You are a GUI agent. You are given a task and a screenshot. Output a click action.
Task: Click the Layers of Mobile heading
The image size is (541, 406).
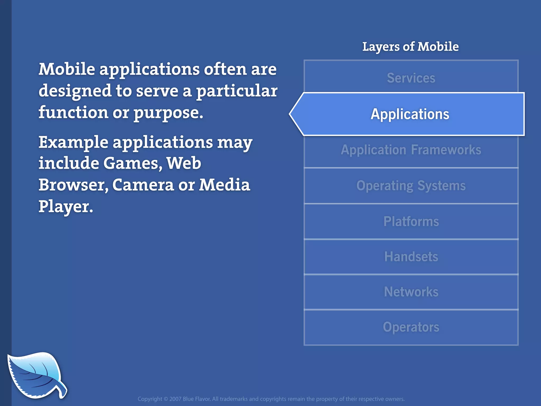(410, 47)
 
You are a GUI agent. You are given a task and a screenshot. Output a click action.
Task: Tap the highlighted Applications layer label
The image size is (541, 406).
(410, 114)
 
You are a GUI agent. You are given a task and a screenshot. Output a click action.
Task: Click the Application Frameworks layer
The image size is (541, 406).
(411, 150)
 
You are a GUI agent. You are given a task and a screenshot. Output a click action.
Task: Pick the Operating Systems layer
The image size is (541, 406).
(411, 186)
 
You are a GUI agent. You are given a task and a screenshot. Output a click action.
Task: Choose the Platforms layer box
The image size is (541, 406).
(411, 222)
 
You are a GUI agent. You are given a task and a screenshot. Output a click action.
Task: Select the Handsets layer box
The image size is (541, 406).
(411, 257)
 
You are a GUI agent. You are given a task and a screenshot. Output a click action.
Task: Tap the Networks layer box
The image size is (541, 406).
(411, 292)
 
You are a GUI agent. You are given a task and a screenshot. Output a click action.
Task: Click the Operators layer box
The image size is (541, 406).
(411, 327)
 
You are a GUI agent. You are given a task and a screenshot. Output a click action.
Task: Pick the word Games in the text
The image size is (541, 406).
(132, 163)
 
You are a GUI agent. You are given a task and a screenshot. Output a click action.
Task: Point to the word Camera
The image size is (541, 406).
(143, 185)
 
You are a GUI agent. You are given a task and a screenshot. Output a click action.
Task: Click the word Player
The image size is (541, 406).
(66, 207)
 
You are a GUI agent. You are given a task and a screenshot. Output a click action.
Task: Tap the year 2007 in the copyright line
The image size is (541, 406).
(175, 399)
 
